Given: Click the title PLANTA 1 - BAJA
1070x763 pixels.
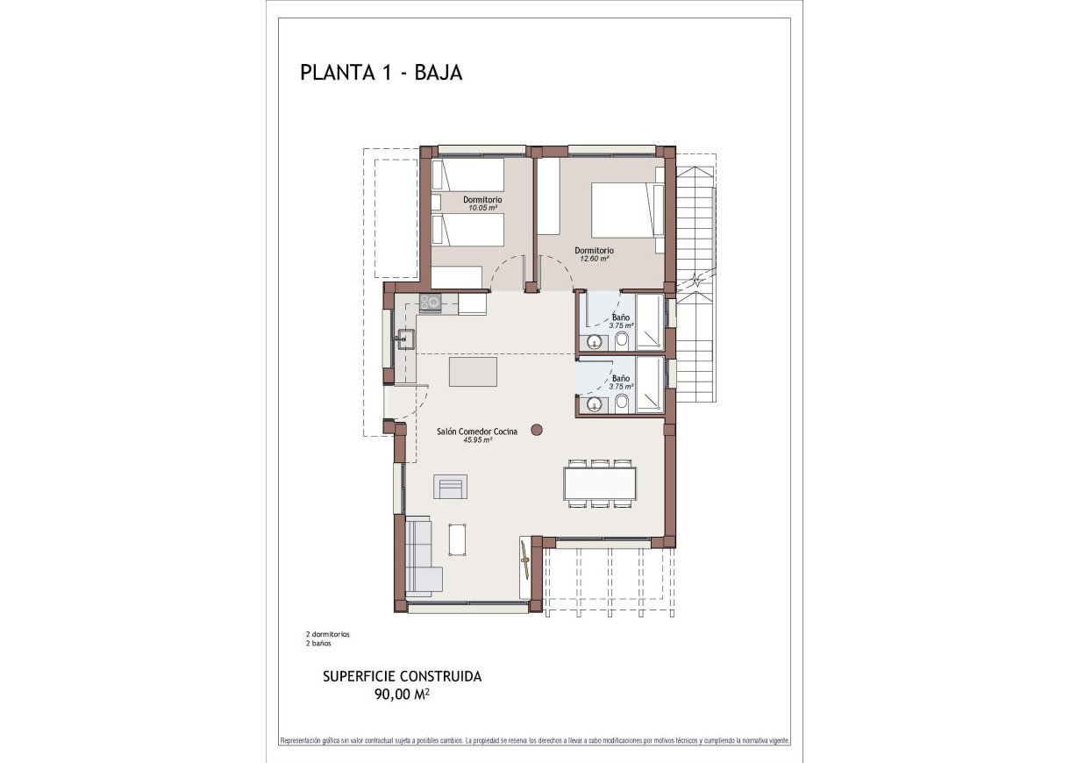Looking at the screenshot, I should tap(381, 73).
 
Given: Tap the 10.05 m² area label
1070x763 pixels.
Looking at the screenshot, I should tap(482, 208).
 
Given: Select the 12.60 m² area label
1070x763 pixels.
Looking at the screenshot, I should tap(594, 259).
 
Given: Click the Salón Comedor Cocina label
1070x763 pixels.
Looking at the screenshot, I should tap(477, 431).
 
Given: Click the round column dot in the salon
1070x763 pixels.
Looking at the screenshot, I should tap(537, 430).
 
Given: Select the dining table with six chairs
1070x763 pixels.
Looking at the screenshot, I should tap(600, 483).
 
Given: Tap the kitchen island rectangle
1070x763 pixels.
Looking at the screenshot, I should tap(473, 371).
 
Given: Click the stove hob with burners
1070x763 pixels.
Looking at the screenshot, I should tap(430, 303).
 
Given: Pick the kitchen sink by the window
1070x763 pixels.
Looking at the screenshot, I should tap(405, 338).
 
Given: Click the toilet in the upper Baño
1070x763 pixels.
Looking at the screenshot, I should tap(621, 340).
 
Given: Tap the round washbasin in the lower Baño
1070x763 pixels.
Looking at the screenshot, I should tap(596, 404).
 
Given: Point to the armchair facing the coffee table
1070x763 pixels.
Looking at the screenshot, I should tap(451, 486).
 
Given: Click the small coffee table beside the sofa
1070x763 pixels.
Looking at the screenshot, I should tap(457, 538).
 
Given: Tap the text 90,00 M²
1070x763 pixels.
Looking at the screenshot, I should tap(402, 694).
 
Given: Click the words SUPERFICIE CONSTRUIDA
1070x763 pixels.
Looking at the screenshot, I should tap(402, 676).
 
